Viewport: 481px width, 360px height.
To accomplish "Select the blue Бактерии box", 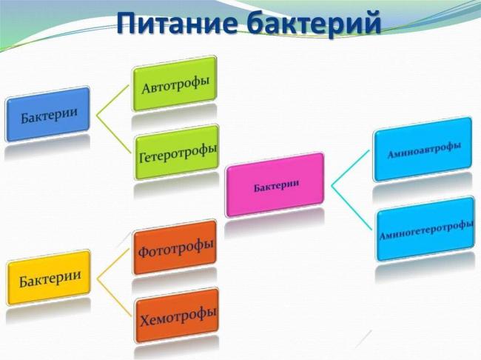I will coord(48,114).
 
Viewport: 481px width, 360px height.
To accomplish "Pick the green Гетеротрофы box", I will coord(177,152).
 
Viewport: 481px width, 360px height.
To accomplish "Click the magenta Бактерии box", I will coord(275,184).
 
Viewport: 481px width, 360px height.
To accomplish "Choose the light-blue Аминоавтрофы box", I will coord(423,148).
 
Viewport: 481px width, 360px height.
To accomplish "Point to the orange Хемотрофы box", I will coord(177,316).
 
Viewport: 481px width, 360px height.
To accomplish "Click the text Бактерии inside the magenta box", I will coord(276,185).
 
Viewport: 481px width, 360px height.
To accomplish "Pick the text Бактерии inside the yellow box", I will coord(50,280).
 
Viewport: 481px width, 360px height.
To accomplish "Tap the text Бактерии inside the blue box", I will coord(49,116).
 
